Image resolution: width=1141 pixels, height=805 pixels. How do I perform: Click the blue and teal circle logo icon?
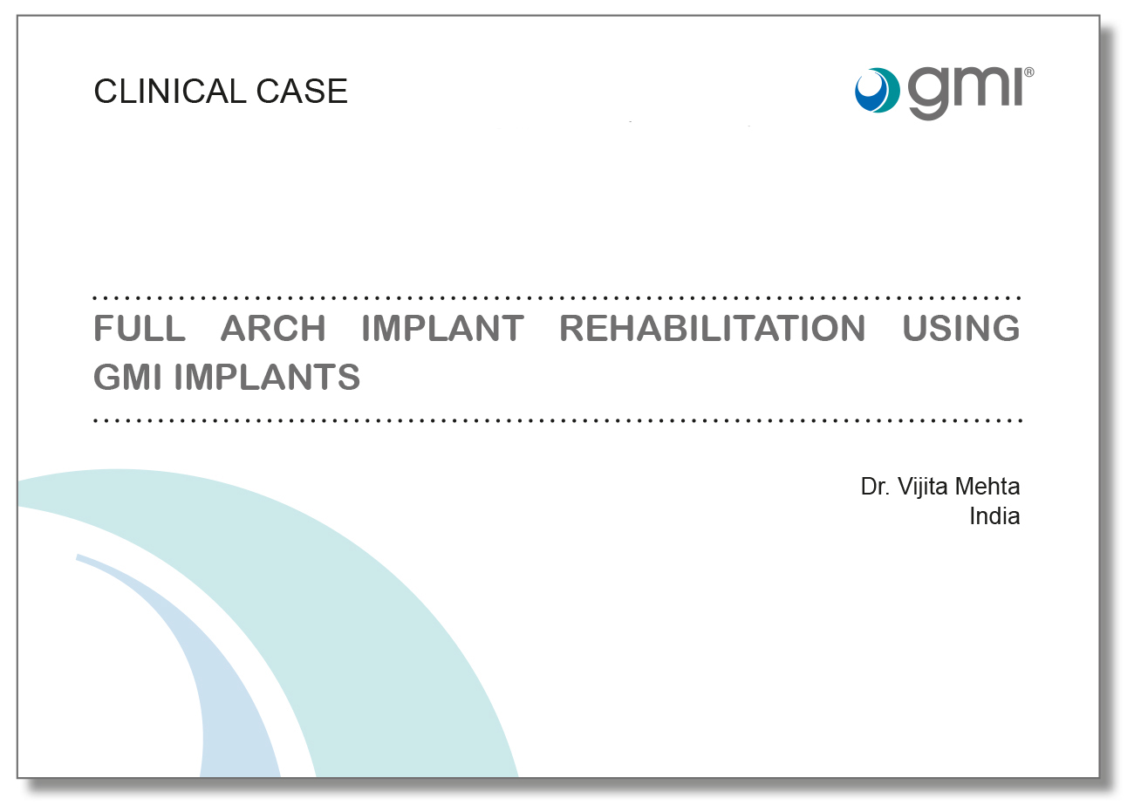coord(876,90)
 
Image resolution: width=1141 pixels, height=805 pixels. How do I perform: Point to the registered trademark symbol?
coord(1029,73)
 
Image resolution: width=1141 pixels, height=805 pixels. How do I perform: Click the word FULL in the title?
coord(140,329)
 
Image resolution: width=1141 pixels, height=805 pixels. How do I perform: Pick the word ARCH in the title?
coord(273,329)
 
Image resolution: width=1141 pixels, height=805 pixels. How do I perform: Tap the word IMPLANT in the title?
coord(442,329)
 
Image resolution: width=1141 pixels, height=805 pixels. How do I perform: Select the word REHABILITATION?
coord(712,329)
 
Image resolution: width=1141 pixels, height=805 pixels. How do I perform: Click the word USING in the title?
coord(961,329)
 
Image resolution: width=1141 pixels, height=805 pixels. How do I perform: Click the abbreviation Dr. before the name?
coord(876,487)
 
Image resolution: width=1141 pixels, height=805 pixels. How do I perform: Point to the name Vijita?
coord(925,487)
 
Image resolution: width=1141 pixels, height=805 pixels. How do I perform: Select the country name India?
coord(994,516)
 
